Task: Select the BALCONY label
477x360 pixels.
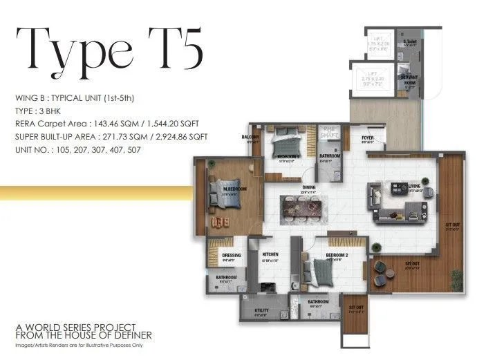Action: coord(250,137)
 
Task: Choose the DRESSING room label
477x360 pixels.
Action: coord(232,256)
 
